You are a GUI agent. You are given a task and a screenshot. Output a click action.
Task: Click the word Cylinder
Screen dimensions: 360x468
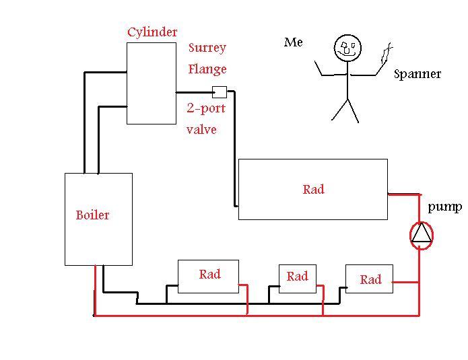click(152, 32)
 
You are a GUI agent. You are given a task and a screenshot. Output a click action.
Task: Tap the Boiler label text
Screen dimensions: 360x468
click(92, 215)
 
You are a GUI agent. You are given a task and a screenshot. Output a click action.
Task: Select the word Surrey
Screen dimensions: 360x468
click(207, 48)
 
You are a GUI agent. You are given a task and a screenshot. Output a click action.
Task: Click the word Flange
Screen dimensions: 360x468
click(207, 69)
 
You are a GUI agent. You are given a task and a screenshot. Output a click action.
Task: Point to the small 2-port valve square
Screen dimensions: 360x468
click(219, 92)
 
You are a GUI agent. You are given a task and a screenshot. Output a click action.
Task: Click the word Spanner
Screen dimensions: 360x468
click(417, 74)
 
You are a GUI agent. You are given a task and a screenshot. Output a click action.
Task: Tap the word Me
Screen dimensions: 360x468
click(294, 42)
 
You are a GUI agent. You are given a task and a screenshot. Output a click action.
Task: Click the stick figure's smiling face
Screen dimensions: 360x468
click(347, 48)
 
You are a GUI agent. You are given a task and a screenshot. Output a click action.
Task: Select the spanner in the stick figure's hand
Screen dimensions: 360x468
click(387, 53)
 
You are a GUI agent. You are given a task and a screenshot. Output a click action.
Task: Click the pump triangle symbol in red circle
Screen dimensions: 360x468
click(422, 233)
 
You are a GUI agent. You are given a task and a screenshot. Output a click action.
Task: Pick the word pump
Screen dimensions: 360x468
click(444, 207)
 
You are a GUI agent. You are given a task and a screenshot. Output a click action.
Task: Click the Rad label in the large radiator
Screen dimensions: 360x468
click(313, 190)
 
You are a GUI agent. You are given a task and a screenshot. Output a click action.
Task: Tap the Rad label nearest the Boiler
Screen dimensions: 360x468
click(209, 275)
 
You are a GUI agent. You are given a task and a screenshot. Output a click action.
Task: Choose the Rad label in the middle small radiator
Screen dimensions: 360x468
click(297, 277)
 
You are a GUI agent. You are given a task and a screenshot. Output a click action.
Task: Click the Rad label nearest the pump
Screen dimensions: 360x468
click(370, 280)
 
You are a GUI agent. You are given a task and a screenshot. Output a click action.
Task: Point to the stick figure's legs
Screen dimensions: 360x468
click(345, 110)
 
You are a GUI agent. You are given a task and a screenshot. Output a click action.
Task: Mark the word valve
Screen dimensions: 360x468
click(201, 129)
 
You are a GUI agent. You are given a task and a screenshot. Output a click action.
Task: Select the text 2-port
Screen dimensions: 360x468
click(206, 108)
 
